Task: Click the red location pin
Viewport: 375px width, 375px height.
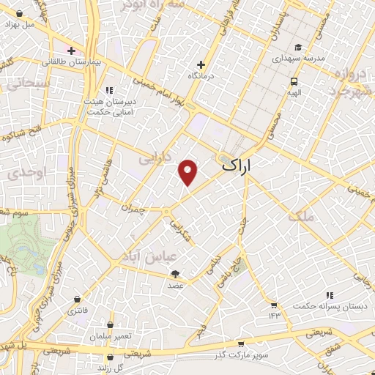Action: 189,172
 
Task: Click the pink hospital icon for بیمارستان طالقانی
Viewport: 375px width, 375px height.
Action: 71,51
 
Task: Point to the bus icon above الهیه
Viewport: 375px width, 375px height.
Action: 293,81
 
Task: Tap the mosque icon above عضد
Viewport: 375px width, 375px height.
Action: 176,273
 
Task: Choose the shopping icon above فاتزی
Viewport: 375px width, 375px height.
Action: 78,299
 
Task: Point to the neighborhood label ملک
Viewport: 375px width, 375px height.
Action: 300,216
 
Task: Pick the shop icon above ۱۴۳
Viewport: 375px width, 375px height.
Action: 274,305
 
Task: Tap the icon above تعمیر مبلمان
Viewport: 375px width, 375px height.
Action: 111,324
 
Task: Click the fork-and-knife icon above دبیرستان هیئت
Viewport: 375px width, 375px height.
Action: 109,90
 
